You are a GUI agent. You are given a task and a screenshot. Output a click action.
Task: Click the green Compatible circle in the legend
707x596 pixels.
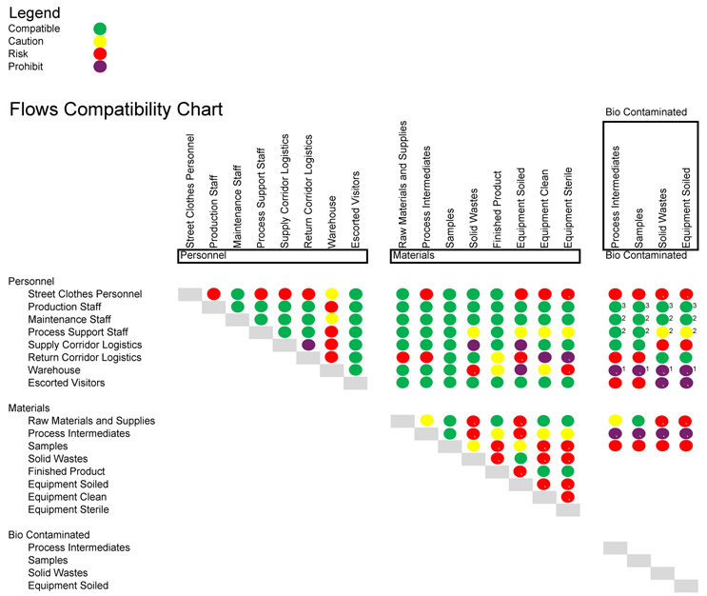click(x=100, y=30)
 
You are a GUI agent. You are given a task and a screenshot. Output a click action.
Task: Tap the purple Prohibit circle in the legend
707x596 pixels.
click(x=100, y=67)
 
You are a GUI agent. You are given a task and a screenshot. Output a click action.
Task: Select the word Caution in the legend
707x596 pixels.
click(x=25, y=41)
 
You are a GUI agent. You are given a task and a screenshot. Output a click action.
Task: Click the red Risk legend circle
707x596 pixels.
click(x=100, y=54)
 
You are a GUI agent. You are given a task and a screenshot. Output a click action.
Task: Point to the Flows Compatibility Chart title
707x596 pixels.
click(x=116, y=109)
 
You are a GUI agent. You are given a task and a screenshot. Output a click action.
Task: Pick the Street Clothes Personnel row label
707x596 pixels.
click(x=85, y=294)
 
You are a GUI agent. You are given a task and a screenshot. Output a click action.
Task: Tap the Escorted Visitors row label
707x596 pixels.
click(x=67, y=383)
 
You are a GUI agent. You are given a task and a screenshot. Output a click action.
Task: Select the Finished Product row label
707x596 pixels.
click(x=67, y=471)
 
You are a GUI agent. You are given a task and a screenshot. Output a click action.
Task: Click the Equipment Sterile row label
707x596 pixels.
click(x=69, y=509)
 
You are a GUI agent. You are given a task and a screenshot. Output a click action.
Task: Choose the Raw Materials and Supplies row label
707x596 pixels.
click(x=91, y=420)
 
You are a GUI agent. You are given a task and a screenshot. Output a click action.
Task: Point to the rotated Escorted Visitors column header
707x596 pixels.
click(x=356, y=210)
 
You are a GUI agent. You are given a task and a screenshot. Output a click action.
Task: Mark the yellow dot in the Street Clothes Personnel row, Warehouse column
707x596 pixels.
click(x=331, y=294)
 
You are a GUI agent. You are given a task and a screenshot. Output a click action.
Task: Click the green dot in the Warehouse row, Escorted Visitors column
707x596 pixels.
click(x=356, y=369)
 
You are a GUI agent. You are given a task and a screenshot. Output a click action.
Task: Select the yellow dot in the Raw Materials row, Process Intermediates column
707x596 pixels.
click(x=427, y=420)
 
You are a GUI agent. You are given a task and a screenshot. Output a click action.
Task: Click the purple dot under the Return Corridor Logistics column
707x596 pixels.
click(x=308, y=345)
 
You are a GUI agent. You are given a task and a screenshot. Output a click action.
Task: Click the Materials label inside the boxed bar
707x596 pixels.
click(x=414, y=256)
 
